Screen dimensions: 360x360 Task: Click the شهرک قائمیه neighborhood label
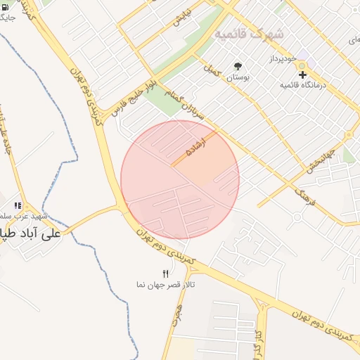pyautogui.click(x=249, y=34)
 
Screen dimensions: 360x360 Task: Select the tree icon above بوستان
pyautogui.click(x=238, y=66)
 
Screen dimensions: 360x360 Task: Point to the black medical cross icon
pyautogui.click(x=302, y=74)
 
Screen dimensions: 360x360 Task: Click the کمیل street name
pyautogui.click(x=210, y=70)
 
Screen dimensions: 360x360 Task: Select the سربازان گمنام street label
pyautogui.click(x=186, y=101)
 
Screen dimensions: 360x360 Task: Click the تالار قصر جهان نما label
pyautogui.click(x=165, y=284)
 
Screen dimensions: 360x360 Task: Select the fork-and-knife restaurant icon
pyautogui.click(x=166, y=273)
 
